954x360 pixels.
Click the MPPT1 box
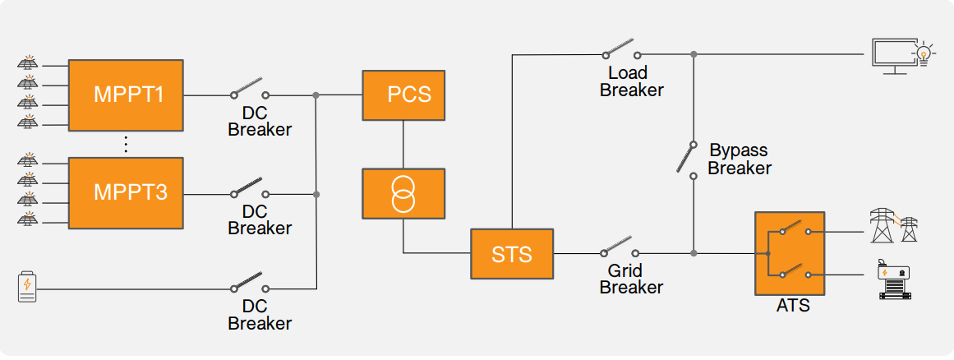(126, 95)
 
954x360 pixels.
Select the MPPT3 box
(126, 193)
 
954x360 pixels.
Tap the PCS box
(403, 95)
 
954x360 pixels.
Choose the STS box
(512, 253)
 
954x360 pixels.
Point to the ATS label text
(793, 307)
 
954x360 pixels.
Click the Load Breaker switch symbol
(618, 48)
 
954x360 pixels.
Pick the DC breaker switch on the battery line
(248, 283)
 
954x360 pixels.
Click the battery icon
(27, 286)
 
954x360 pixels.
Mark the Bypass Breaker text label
(739, 159)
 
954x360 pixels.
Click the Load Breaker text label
(631, 81)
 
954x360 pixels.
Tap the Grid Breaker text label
(630, 279)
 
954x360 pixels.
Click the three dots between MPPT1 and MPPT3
(126, 144)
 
